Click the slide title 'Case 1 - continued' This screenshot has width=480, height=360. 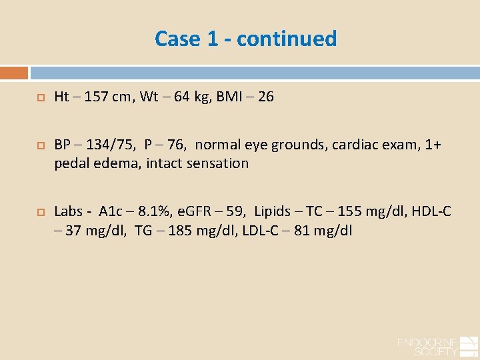pyautogui.click(x=245, y=39)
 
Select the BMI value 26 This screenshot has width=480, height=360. pyautogui.click(x=265, y=97)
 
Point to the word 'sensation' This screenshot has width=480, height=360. pyautogui.click(x=217, y=163)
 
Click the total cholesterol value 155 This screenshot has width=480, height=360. pyautogui.click(x=350, y=212)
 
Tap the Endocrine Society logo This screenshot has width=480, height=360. pyautogui.click(x=437, y=345)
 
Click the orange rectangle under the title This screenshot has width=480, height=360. pyautogui.click(x=14, y=73)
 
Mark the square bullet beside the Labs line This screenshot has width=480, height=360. pyautogui.click(x=40, y=212)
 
